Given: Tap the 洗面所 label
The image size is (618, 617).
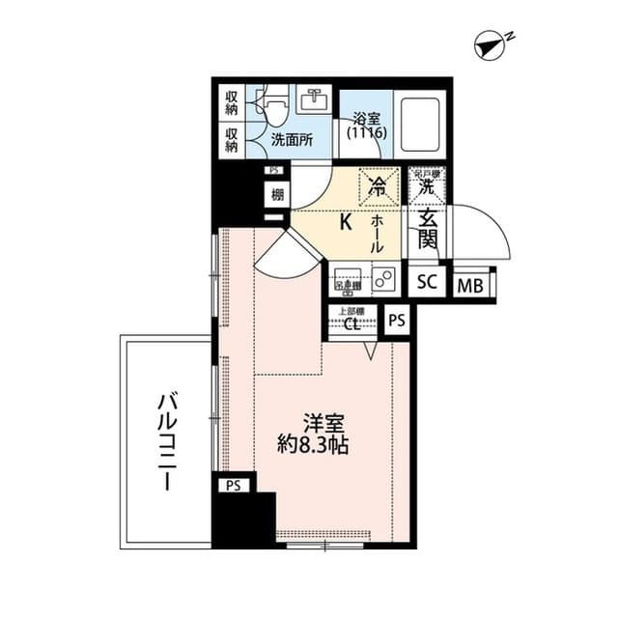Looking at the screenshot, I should (x=291, y=138).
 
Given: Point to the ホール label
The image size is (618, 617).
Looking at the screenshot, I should (x=377, y=234).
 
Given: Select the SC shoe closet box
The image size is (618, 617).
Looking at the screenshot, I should (x=427, y=284).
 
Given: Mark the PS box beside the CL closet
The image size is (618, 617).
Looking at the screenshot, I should (x=396, y=320).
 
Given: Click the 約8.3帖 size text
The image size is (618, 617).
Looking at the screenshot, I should (x=311, y=446).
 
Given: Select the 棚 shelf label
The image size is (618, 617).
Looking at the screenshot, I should (x=276, y=194).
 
